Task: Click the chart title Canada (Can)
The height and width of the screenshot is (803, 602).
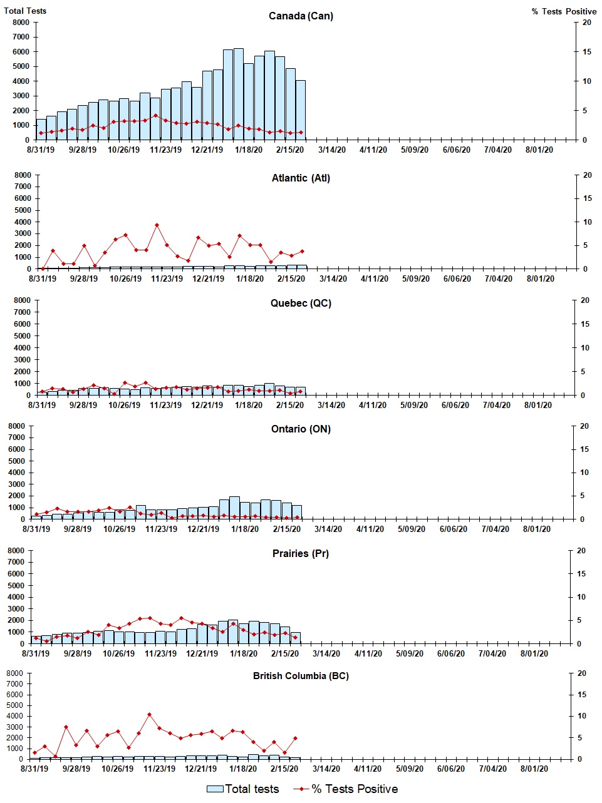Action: [x=301, y=16]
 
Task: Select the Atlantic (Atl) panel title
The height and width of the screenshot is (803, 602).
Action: [x=301, y=178]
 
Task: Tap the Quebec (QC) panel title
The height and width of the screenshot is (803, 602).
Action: [x=301, y=304]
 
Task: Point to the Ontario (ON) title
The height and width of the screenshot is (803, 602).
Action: [x=301, y=429]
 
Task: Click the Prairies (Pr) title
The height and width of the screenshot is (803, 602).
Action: [x=301, y=554]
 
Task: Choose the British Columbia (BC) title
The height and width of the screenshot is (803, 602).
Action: [x=301, y=676]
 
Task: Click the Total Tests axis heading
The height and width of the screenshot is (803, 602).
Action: [x=25, y=11]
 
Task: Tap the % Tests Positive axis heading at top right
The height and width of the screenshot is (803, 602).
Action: [x=564, y=11]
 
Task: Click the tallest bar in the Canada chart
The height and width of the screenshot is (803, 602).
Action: [x=239, y=94]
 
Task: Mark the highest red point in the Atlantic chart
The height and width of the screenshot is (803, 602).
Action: [x=157, y=225]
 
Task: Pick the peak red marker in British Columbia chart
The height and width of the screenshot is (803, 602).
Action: [x=149, y=715]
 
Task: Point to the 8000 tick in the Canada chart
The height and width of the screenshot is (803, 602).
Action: [x=21, y=23]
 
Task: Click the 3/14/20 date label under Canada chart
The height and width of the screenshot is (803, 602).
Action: [x=332, y=150]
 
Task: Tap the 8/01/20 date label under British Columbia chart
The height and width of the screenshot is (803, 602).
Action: [x=533, y=769]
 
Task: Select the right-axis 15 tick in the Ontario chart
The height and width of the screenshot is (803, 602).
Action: [x=584, y=449]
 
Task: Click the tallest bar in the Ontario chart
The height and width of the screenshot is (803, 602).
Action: [x=234, y=508]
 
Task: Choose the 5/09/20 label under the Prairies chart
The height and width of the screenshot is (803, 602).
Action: [x=410, y=653]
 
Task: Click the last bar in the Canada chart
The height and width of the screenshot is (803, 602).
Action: [x=301, y=110]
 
